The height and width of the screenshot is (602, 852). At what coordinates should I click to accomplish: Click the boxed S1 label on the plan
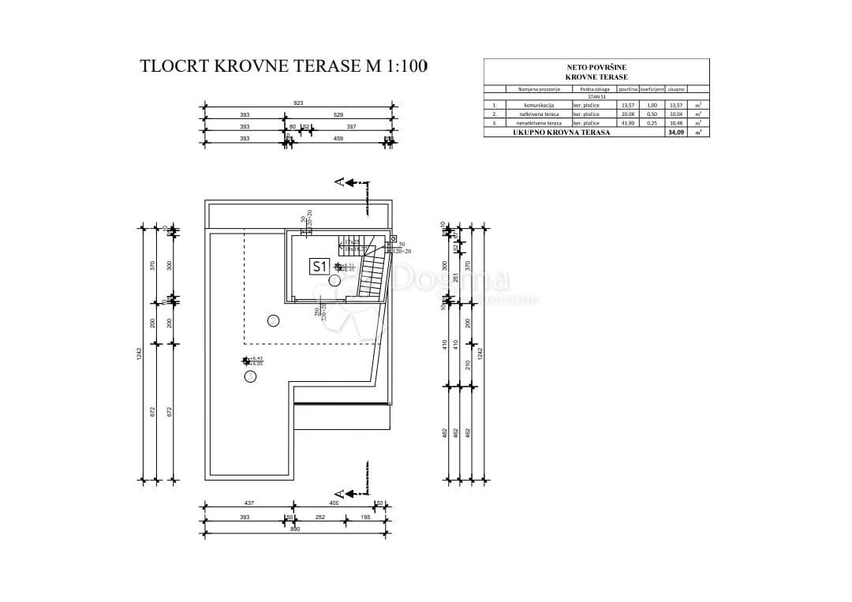click(x=319, y=267)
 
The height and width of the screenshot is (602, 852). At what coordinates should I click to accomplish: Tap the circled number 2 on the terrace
click(x=273, y=320)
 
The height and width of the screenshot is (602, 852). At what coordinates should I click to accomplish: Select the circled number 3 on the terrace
click(x=250, y=376)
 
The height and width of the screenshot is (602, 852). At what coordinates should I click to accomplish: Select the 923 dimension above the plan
click(x=298, y=103)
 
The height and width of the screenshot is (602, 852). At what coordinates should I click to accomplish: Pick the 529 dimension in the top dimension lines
click(x=338, y=114)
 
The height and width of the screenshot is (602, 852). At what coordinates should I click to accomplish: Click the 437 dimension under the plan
click(x=248, y=503)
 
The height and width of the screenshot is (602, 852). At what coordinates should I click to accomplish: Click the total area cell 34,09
click(x=676, y=133)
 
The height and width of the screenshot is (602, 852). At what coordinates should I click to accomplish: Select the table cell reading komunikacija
click(x=540, y=105)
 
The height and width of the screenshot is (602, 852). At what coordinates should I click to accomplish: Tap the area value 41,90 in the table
click(x=628, y=123)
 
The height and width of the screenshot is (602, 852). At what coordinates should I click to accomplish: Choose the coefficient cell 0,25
click(x=652, y=123)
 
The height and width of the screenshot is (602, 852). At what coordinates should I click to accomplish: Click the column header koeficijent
click(x=652, y=89)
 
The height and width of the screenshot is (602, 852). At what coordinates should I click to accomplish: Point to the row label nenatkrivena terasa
click(x=540, y=123)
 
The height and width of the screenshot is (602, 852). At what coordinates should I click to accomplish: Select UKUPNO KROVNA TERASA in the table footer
click(x=561, y=133)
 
